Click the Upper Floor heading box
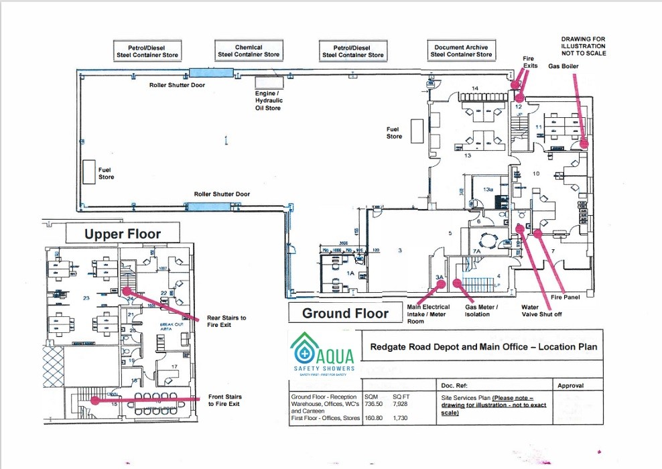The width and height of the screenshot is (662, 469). pyautogui.click(x=123, y=234)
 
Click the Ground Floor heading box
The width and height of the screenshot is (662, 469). pyautogui.click(x=345, y=313)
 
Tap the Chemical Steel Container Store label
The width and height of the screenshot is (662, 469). pyautogui.click(x=248, y=51)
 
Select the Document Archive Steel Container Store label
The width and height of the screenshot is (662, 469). pyautogui.click(x=461, y=51)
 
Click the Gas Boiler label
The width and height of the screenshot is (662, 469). pyautogui.click(x=563, y=66)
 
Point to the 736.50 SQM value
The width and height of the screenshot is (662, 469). pyautogui.click(x=374, y=404)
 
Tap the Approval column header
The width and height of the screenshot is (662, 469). pyautogui.click(x=570, y=386)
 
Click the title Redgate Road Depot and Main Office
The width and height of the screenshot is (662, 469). pyautogui.click(x=483, y=347)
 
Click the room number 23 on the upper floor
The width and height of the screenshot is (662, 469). pyautogui.click(x=86, y=298)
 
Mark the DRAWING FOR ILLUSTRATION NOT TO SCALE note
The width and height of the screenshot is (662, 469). pyautogui.click(x=583, y=46)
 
